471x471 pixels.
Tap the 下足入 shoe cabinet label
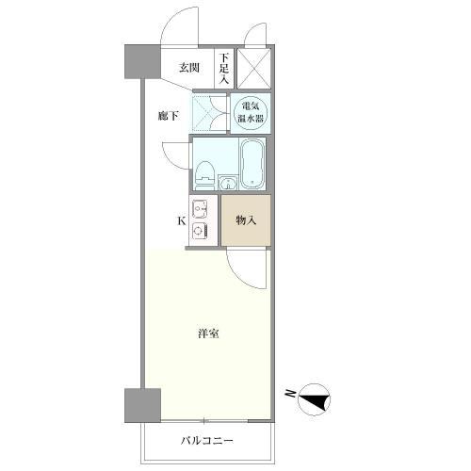(x=224, y=68)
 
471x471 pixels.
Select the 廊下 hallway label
(x=169, y=117)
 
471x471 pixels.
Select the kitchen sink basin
(x=200, y=209)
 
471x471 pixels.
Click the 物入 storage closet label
(x=246, y=220)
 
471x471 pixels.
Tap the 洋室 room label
(x=208, y=334)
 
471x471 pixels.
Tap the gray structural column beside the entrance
(x=138, y=63)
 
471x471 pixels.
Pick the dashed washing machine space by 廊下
(x=207, y=114)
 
